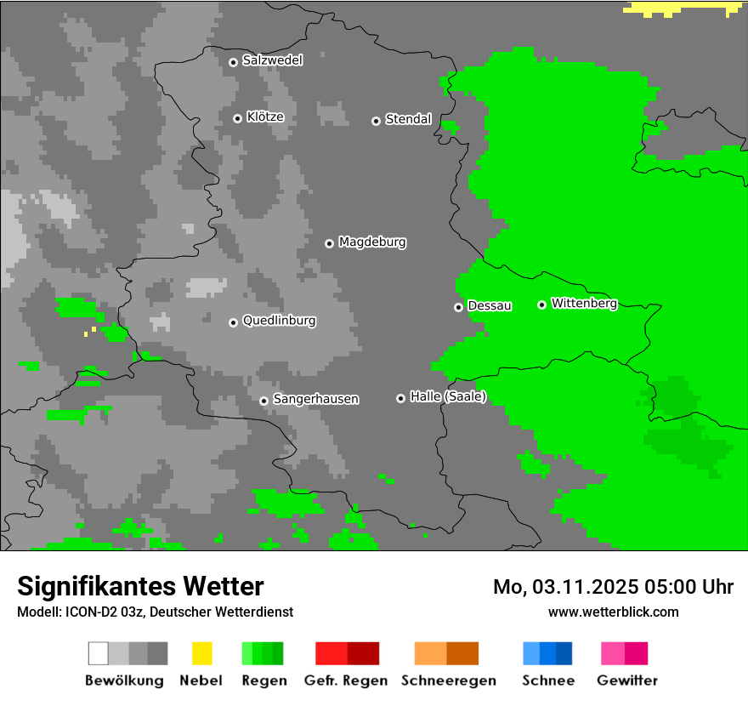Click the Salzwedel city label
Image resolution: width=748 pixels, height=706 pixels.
pos(272,60)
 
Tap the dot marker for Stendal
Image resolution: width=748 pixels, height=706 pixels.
pos(376,121)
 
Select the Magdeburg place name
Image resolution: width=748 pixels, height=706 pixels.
pos(372,242)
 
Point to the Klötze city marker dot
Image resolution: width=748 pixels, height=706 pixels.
pos(237,118)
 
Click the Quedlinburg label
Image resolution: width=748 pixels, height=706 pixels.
pos(279,321)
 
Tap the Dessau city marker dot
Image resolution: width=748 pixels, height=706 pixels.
pos(458,307)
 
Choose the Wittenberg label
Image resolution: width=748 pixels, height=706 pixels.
pos(584,304)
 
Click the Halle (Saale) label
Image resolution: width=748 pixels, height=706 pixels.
pos(448,396)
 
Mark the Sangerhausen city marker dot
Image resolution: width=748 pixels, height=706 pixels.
pos(263,401)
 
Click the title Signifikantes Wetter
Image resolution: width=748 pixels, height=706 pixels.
pos(140,586)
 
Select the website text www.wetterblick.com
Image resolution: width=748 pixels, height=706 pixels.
pos(613,612)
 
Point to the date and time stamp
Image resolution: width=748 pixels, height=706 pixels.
pos(613,587)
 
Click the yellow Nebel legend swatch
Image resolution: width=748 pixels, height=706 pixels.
pos(201,653)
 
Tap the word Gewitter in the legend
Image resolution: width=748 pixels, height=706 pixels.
pos(627,680)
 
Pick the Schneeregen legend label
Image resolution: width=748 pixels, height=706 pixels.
pos(447,680)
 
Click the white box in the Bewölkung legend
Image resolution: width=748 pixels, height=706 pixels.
pos(99,653)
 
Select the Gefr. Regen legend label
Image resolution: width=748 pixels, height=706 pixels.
pos(346,680)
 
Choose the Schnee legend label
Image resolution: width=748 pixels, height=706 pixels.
pos(548,680)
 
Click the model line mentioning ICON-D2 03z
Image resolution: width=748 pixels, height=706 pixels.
pos(155,612)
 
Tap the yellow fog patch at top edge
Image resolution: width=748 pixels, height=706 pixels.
pos(680,9)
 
